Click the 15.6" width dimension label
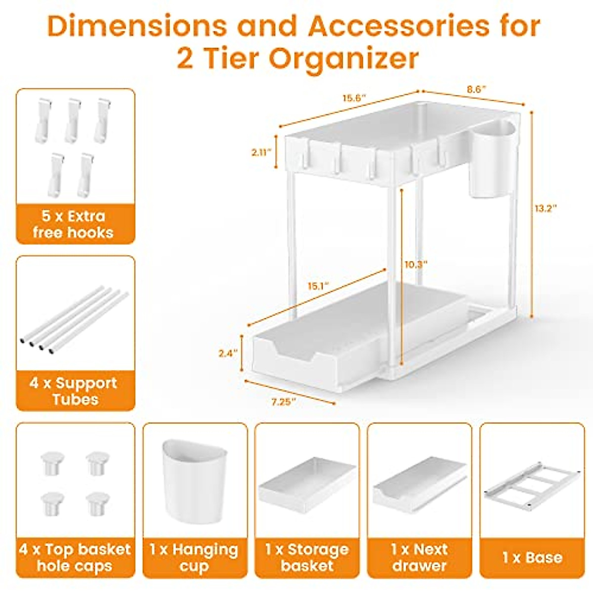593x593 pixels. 354,97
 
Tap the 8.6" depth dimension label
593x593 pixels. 476,89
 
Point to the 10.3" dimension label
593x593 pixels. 415,264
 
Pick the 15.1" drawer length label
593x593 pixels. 318,286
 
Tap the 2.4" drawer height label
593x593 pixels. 228,353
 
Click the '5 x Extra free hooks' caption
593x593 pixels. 75,224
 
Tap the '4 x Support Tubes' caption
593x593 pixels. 75,391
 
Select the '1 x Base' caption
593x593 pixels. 532,557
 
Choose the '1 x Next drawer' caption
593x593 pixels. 420,557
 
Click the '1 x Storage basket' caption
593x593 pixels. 307,557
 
